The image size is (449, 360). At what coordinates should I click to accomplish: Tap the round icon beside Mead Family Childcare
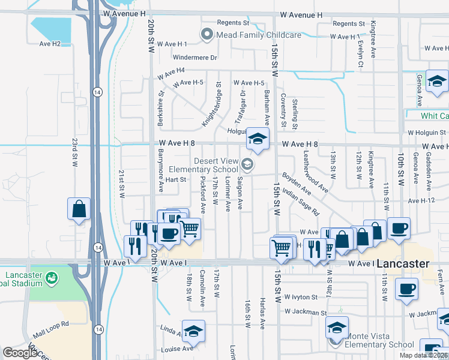[x=208, y=35]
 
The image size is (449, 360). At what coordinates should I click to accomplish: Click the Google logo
[x=20, y=353]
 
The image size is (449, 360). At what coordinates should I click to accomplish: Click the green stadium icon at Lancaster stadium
[x=53, y=278]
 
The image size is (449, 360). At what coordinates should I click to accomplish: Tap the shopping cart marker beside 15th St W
[x=281, y=247]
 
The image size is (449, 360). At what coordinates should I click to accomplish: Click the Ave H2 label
[x=50, y=44]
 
